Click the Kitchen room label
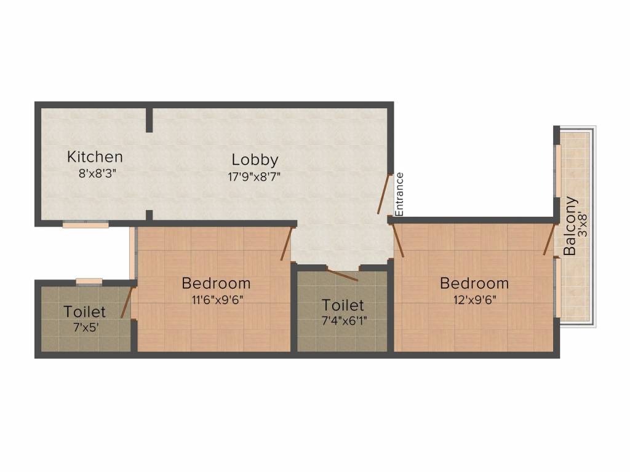click(x=95, y=157)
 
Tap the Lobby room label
click(x=255, y=160)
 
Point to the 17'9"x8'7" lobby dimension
click(x=254, y=176)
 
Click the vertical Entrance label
click(x=399, y=194)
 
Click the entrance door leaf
click(x=384, y=194)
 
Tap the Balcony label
click(x=570, y=226)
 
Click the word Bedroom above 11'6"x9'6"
click(x=216, y=283)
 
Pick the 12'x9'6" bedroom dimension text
click(x=474, y=300)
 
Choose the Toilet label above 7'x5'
click(x=85, y=312)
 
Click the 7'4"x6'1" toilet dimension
click(x=345, y=321)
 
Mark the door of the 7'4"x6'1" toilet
click(x=342, y=275)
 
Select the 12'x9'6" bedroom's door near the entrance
click(x=398, y=240)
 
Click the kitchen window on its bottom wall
click(x=86, y=225)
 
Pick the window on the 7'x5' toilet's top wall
click(x=89, y=281)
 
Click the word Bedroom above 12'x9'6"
click(x=474, y=283)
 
